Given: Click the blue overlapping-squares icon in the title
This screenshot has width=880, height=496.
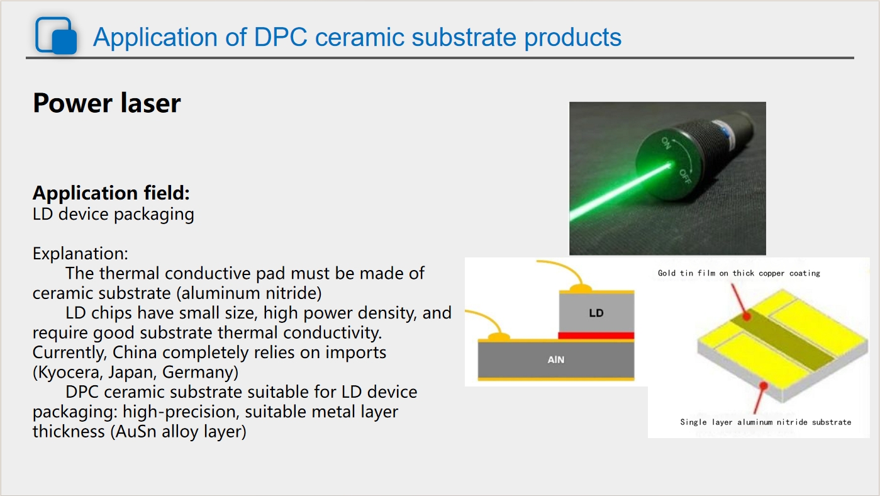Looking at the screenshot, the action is pyautogui.click(x=56, y=35).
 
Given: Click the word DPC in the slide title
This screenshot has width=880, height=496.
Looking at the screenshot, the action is pyautogui.click(x=281, y=37).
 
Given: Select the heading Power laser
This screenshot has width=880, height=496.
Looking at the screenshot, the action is pyautogui.click(x=107, y=103).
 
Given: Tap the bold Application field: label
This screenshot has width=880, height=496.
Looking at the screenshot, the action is pyautogui.click(x=111, y=193).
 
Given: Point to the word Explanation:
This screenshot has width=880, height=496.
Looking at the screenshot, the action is pyautogui.click(x=81, y=254).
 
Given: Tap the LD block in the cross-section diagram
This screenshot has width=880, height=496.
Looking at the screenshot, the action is pyautogui.click(x=596, y=313).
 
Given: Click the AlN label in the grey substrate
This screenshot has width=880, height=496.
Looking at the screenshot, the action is pyautogui.click(x=556, y=359).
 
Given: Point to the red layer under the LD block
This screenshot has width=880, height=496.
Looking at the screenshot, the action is pyautogui.click(x=596, y=335).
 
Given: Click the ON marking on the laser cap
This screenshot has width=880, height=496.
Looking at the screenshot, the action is pyautogui.click(x=666, y=143).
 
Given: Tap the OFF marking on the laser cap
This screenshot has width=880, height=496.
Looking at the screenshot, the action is pyautogui.click(x=685, y=177).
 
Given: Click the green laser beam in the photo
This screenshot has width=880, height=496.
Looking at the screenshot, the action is pyautogui.click(x=620, y=192).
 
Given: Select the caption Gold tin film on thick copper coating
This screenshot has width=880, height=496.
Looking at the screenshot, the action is pyautogui.click(x=739, y=273).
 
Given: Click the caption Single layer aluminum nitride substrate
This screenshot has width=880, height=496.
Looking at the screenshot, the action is pyautogui.click(x=766, y=422).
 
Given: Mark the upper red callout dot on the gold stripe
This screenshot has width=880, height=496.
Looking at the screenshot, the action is pyautogui.click(x=747, y=316).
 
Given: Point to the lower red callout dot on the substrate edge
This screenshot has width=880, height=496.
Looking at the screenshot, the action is pyautogui.click(x=764, y=386).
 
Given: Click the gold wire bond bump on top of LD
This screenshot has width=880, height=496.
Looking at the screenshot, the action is pyautogui.click(x=580, y=288).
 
